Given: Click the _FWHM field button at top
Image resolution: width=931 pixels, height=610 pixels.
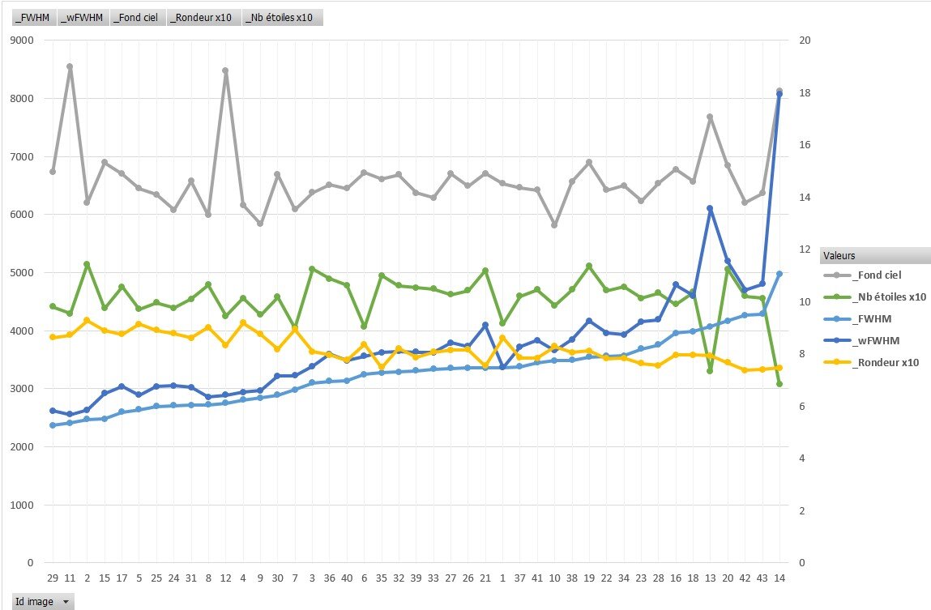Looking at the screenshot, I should (x=28, y=18).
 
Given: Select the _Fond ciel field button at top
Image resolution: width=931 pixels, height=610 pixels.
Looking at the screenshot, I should (x=135, y=18).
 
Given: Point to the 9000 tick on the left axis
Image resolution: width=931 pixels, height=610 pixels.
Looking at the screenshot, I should (x=23, y=41).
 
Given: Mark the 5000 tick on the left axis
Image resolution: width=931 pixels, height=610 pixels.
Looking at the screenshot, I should (x=23, y=273).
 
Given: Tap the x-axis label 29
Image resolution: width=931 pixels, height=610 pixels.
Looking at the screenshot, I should (x=53, y=578).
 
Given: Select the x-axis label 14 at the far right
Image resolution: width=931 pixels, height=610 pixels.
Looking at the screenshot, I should (x=779, y=578).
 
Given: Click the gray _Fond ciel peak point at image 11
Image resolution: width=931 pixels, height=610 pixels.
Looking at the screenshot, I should (x=70, y=66).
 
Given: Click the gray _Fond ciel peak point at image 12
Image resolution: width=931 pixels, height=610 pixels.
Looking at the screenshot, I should (x=225, y=70).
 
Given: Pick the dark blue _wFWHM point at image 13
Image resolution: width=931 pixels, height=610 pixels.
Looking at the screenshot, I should (x=710, y=208).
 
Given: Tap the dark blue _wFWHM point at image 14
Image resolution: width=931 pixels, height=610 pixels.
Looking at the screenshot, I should (x=779, y=94).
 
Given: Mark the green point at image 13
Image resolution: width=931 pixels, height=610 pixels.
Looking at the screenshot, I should (x=710, y=371).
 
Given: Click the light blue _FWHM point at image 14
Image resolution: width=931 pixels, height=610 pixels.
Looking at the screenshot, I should (x=779, y=274).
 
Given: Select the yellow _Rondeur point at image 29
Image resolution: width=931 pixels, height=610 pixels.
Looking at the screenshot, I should (x=53, y=337).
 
